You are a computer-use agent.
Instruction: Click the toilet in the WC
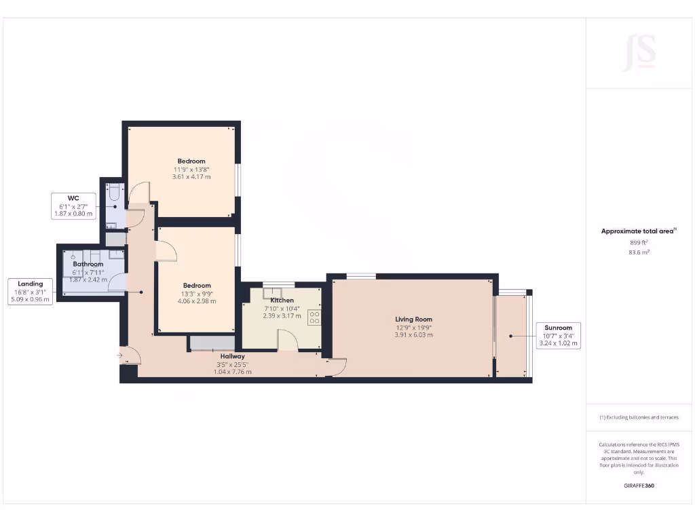[113, 192]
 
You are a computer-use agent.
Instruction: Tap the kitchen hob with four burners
[315, 317]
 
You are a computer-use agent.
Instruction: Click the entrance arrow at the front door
[120, 354]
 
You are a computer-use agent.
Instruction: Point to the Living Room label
[414, 319]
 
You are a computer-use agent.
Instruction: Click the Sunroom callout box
[558, 335]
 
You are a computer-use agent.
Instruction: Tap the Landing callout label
[30, 291]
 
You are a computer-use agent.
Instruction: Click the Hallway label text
[232, 355]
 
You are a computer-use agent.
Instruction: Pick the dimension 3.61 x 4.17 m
[191, 176]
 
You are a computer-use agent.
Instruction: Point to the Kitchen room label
[282, 300]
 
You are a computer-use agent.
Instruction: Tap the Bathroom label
[88, 264]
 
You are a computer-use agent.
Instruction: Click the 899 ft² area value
[639, 242]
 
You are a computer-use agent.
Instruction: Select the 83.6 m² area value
[639, 252]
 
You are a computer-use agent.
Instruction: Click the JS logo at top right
[639, 52]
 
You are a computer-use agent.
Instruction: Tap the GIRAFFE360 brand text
[639, 486]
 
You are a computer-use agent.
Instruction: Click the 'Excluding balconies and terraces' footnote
[639, 418]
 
